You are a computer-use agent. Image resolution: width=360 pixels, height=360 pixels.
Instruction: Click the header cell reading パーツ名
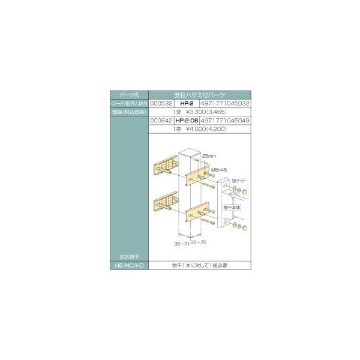point(128,95)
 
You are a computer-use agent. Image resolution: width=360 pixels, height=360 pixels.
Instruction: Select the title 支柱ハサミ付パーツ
point(199,95)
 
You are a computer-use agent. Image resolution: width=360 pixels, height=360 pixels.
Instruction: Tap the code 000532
point(159,103)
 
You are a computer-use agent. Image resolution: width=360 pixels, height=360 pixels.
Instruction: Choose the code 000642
point(159,120)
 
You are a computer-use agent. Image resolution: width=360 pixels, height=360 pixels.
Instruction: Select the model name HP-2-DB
point(187,120)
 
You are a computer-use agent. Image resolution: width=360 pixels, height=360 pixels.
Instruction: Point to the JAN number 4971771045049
point(227,120)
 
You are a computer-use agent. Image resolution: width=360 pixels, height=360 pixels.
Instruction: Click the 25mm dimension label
point(209,155)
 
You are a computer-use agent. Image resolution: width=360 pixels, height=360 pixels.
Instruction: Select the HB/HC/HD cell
point(128,265)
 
